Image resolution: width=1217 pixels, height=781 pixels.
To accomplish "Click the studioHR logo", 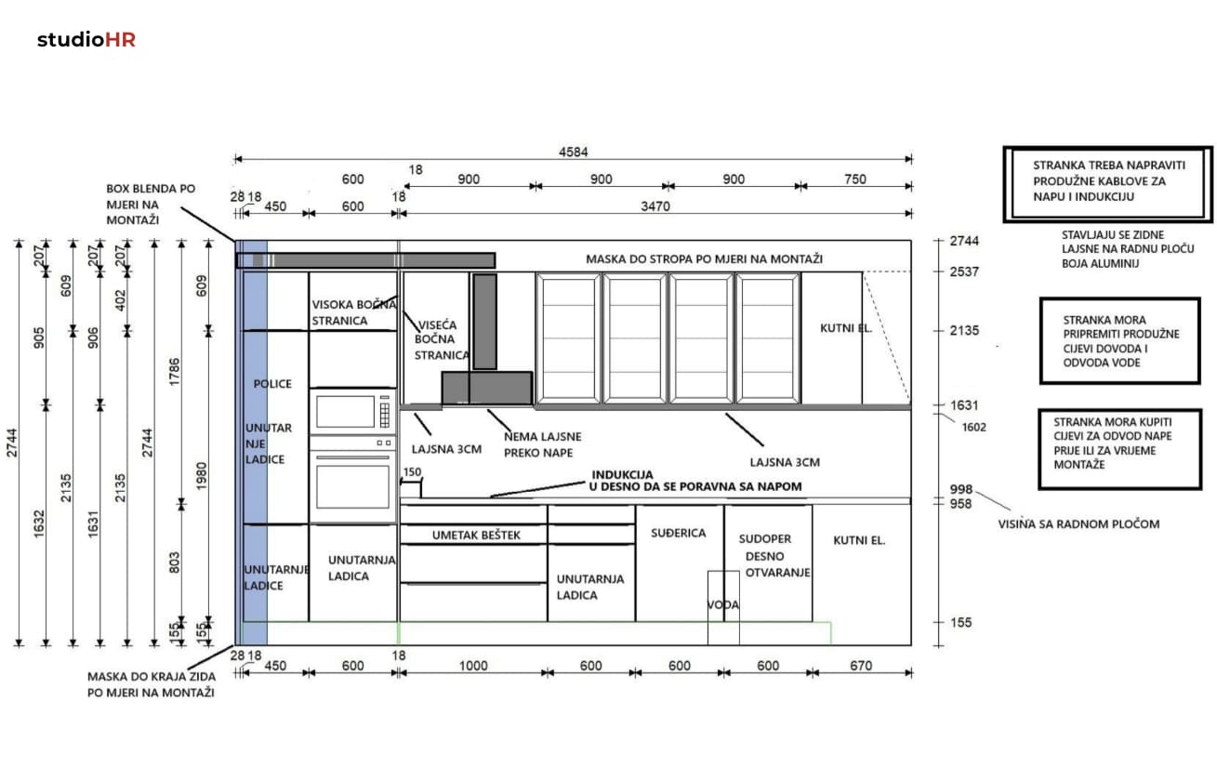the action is coord(86,40).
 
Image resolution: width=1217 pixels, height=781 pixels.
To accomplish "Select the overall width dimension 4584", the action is coord(574,152).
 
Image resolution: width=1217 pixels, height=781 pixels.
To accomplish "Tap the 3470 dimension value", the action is coord(655,206).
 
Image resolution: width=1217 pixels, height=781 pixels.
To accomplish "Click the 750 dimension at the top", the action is coord(855,179).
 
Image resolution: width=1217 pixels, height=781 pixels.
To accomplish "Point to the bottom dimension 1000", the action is coord(473,666).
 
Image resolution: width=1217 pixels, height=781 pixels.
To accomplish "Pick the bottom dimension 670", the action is coord(861,666).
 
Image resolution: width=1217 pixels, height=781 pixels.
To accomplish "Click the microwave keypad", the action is coord(385,412).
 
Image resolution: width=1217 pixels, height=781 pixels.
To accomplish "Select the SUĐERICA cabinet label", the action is coord(679,533).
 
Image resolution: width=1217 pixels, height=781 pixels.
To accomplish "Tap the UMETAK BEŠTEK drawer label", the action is coord(476,536).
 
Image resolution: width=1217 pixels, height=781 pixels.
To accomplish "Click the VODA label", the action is coord(723,605).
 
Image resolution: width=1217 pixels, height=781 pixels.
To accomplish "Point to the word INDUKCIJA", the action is coord(622,475).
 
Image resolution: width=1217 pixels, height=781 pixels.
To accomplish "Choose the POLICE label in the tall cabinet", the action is coord(272,384).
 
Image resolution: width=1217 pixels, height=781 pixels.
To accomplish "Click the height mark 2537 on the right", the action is coord(964,271).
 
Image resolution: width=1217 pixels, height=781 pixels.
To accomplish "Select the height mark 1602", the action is coord(973,427).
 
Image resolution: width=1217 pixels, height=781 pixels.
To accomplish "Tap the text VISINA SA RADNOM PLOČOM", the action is coord(1078,524).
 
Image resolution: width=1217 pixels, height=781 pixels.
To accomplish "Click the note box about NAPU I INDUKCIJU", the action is coord(1108,184).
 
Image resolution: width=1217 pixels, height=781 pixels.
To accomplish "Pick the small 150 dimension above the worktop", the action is coord(413,471).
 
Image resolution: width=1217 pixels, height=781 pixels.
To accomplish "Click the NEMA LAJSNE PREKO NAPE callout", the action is coord(542,444).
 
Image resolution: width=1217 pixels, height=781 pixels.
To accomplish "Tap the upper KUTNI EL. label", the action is coord(845,328).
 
